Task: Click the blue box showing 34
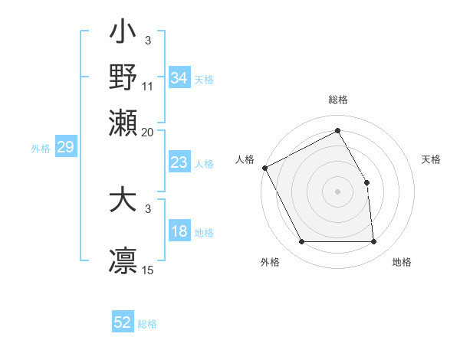coord(179,78)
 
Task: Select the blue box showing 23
coord(179,162)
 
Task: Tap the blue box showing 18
coord(179,232)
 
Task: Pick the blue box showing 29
coord(65,148)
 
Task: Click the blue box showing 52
coord(123,322)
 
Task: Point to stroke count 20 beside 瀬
coord(147,132)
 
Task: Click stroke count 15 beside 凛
coord(148,270)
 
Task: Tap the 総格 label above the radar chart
coord(338,100)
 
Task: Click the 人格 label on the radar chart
coord(245,159)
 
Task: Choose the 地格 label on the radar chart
coord(402,263)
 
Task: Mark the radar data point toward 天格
coord(367,182)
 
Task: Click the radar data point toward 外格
coord(301,242)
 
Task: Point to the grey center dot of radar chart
coord(338,192)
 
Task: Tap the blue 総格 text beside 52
coord(147,324)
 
